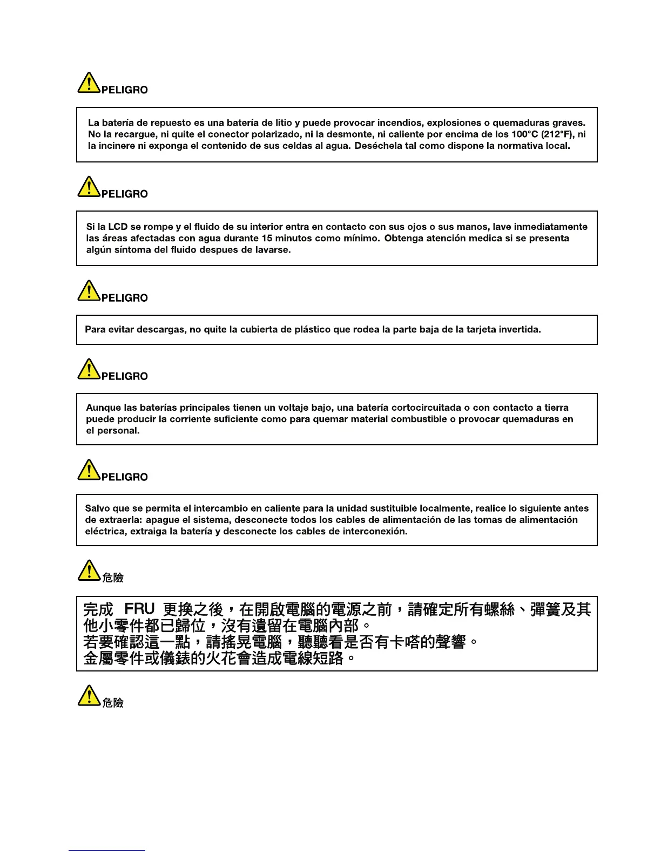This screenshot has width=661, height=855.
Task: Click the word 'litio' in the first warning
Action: [x=284, y=123]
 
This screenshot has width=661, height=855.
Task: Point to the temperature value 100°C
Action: [x=524, y=134]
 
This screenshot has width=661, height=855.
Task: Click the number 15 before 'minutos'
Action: [x=267, y=238]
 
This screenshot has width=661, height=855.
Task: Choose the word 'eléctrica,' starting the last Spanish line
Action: [x=106, y=531]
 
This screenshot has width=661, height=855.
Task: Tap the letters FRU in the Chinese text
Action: [x=139, y=609]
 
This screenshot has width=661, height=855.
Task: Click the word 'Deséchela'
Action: [x=376, y=146]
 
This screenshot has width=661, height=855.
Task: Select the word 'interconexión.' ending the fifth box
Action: [x=375, y=531]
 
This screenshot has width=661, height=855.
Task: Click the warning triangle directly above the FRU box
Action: [x=89, y=571]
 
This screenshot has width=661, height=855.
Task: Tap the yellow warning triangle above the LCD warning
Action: [x=89, y=187]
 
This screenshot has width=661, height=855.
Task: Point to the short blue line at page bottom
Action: [x=107, y=850]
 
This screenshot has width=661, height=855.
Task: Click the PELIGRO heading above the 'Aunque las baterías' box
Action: [x=124, y=376]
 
